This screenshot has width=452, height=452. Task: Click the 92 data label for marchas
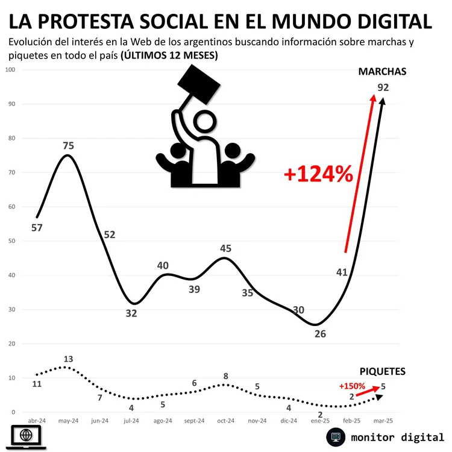(383, 87)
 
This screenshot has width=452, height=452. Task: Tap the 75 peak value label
(68, 146)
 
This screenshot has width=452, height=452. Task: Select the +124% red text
(318, 174)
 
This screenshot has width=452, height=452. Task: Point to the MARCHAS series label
(383, 72)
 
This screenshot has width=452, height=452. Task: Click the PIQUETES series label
(383, 371)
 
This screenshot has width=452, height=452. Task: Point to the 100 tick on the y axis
(10, 70)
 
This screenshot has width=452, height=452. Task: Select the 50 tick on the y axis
(12, 241)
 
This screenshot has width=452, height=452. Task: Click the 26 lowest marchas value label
(320, 333)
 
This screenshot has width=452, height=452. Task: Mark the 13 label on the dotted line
(68, 360)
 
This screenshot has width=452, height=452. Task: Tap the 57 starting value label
(36, 227)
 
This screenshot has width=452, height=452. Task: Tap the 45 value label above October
(225, 248)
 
